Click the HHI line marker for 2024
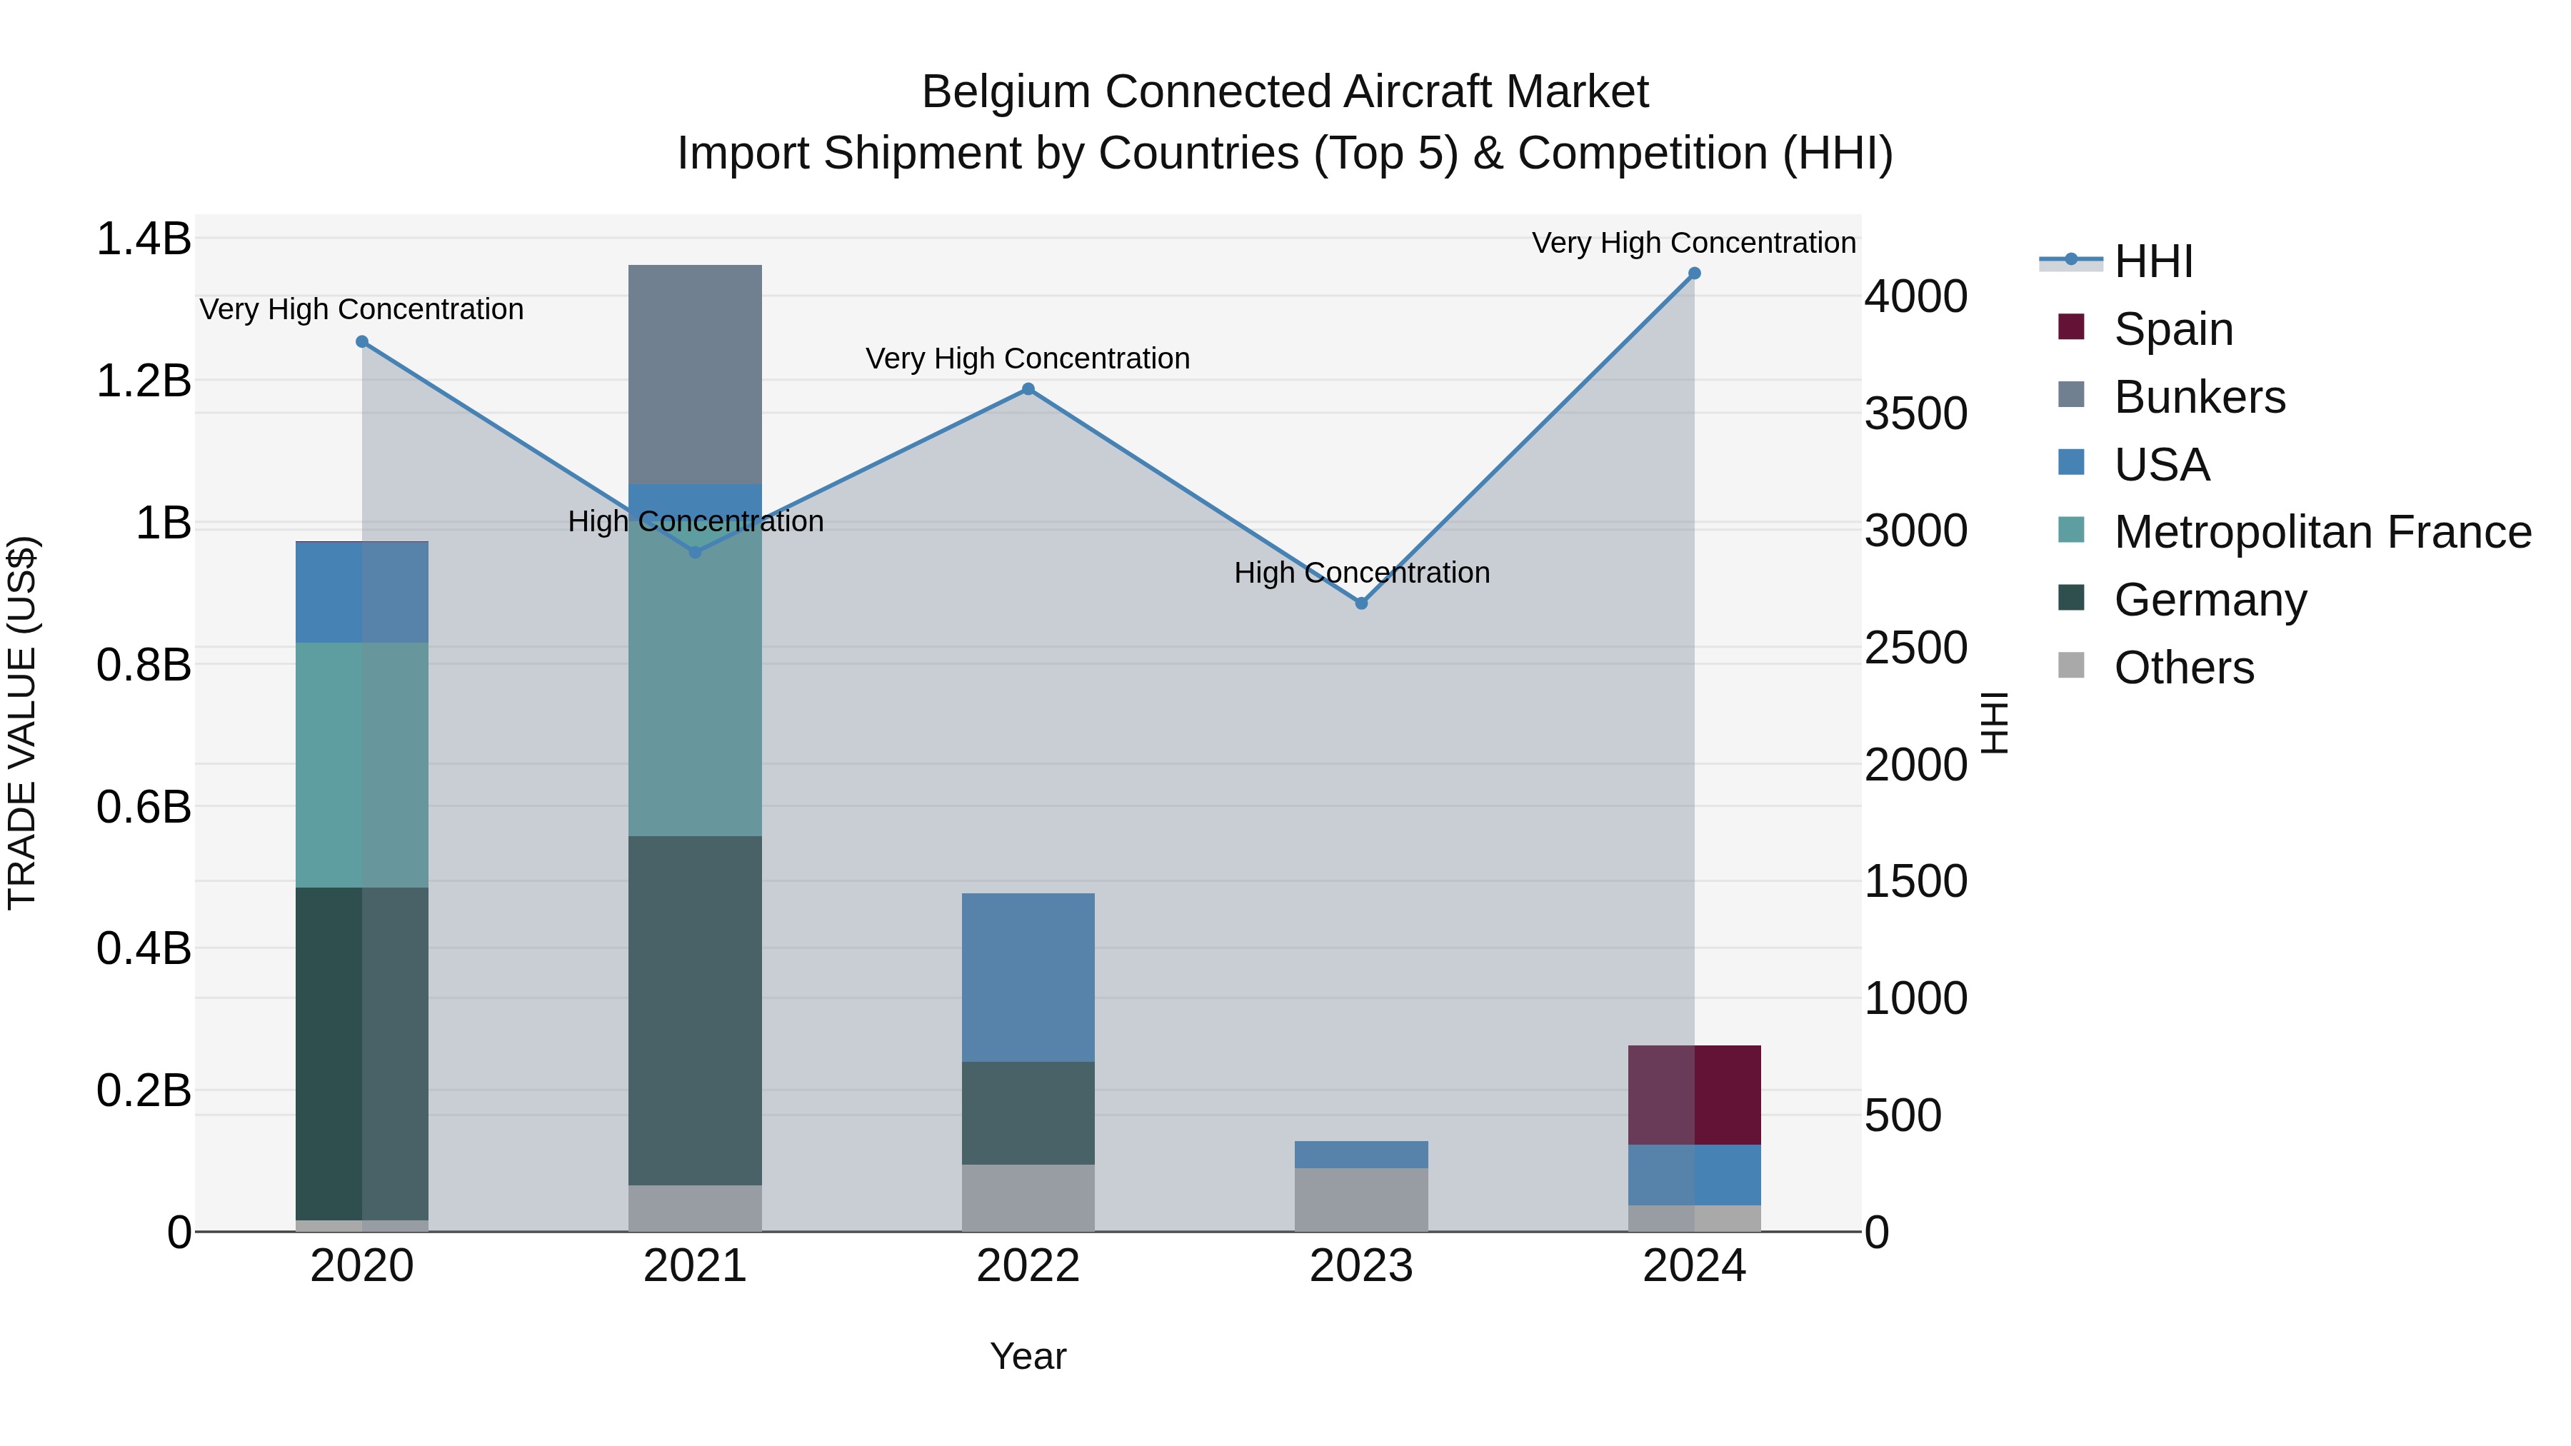click(1694, 273)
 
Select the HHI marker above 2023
click(1361, 603)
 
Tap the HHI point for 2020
click(362, 341)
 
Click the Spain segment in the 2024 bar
click(1695, 1095)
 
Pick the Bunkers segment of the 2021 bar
click(695, 374)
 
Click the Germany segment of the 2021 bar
click(695, 1010)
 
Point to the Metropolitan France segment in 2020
click(362, 764)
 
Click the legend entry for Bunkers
click(2199, 397)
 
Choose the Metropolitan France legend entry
click(2322, 532)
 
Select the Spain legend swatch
click(2071, 327)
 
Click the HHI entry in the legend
click(2152, 261)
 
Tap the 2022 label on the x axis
click(1028, 1266)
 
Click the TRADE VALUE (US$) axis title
click(22, 723)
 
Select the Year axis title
click(1028, 1356)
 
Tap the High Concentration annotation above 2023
click(1361, 573)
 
